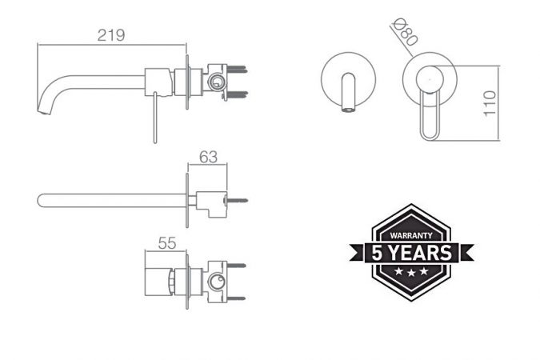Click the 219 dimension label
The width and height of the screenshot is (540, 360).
(x=111, y=35)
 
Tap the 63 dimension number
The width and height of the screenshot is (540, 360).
(x=208, y=157)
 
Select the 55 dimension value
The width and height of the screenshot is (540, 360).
(x=167, y=243)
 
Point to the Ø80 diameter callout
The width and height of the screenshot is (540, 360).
(x=406, y=32)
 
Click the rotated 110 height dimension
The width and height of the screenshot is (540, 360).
(x=490, y=104)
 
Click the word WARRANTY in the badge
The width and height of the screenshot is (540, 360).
(x=411, y=236)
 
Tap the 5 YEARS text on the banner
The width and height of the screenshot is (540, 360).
(x=411, y=253)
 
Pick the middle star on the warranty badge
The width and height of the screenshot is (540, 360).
(x=411, y=272)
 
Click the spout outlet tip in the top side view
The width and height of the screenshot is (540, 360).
(x=44, y=111)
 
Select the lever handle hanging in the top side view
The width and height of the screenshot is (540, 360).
(x=155, y=118)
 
